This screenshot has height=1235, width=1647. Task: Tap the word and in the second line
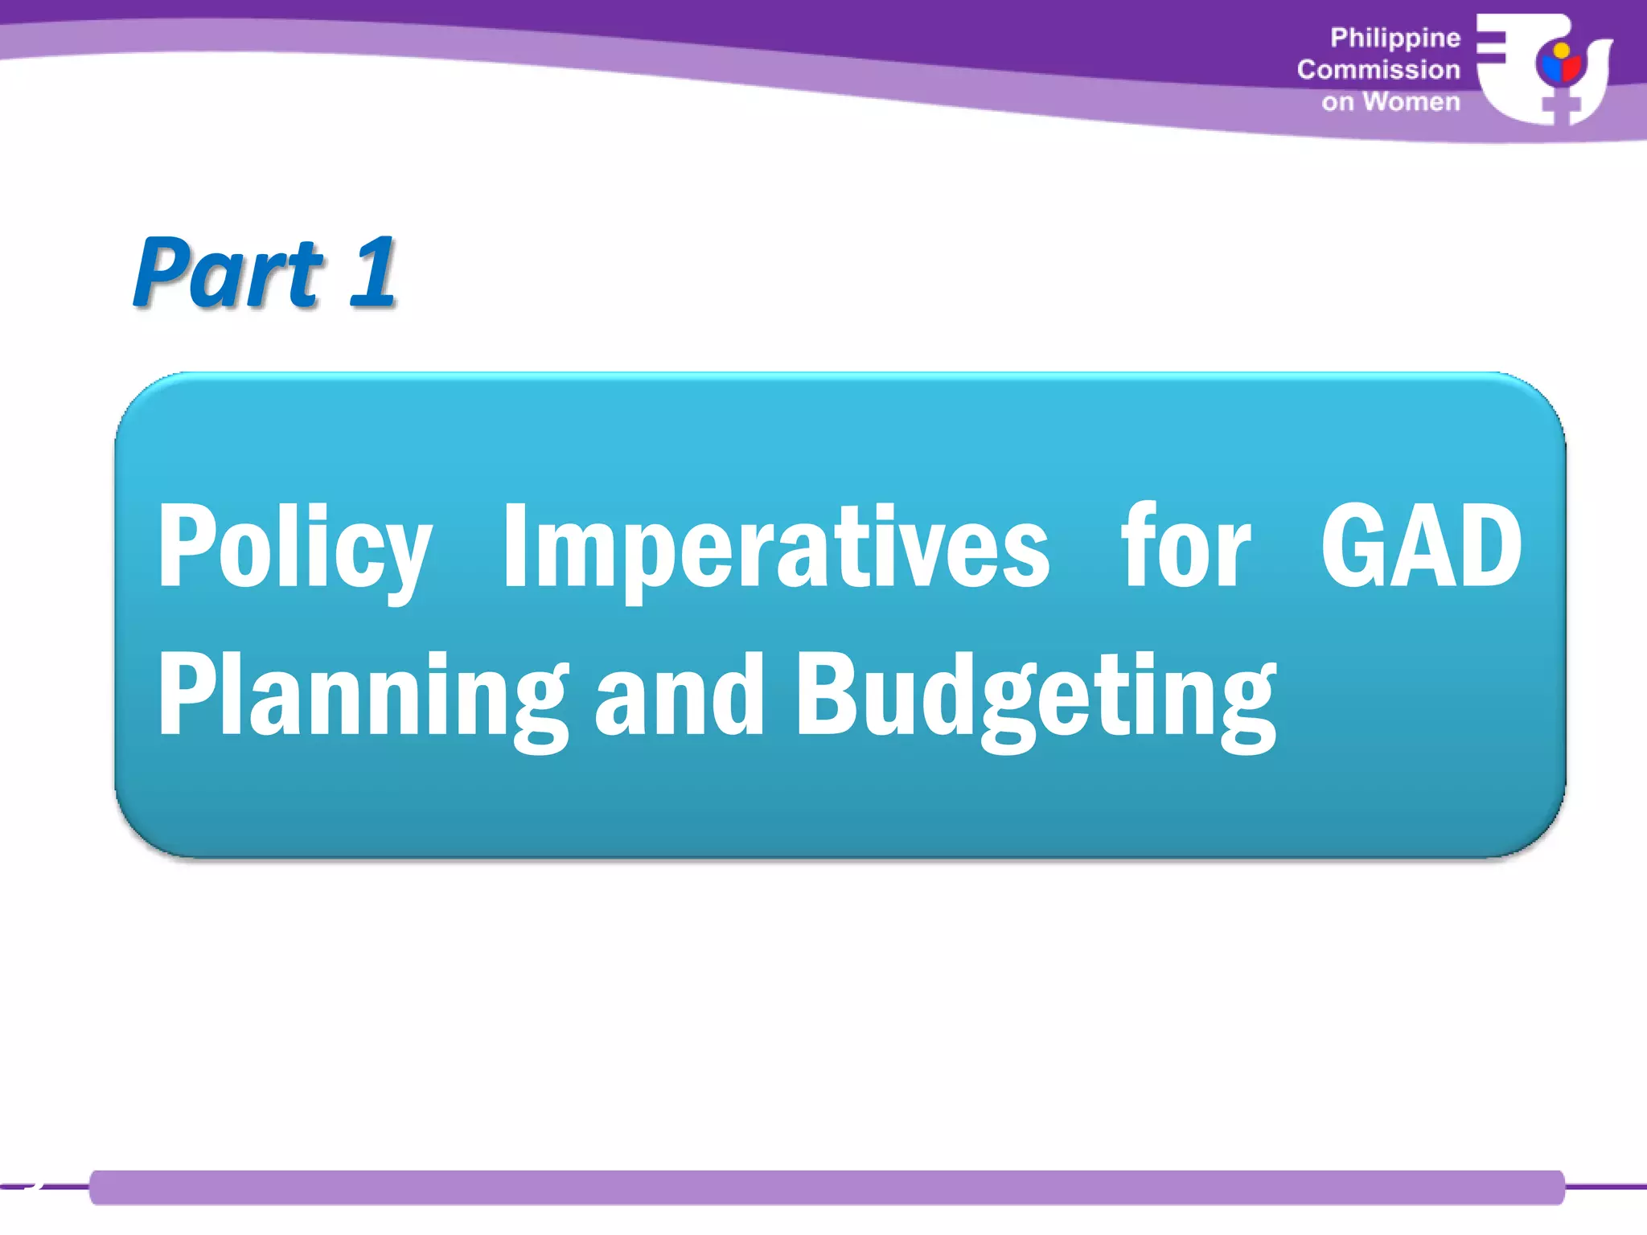pos(680,696)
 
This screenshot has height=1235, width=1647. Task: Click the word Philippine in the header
pos(1394,38)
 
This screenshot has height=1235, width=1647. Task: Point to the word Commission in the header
pos(1378,70)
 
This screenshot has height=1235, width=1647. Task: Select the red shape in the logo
pos(1571,69)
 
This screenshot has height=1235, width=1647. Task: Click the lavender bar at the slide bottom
pos(827,1188)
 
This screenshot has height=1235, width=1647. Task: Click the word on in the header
pos(1337,103)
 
